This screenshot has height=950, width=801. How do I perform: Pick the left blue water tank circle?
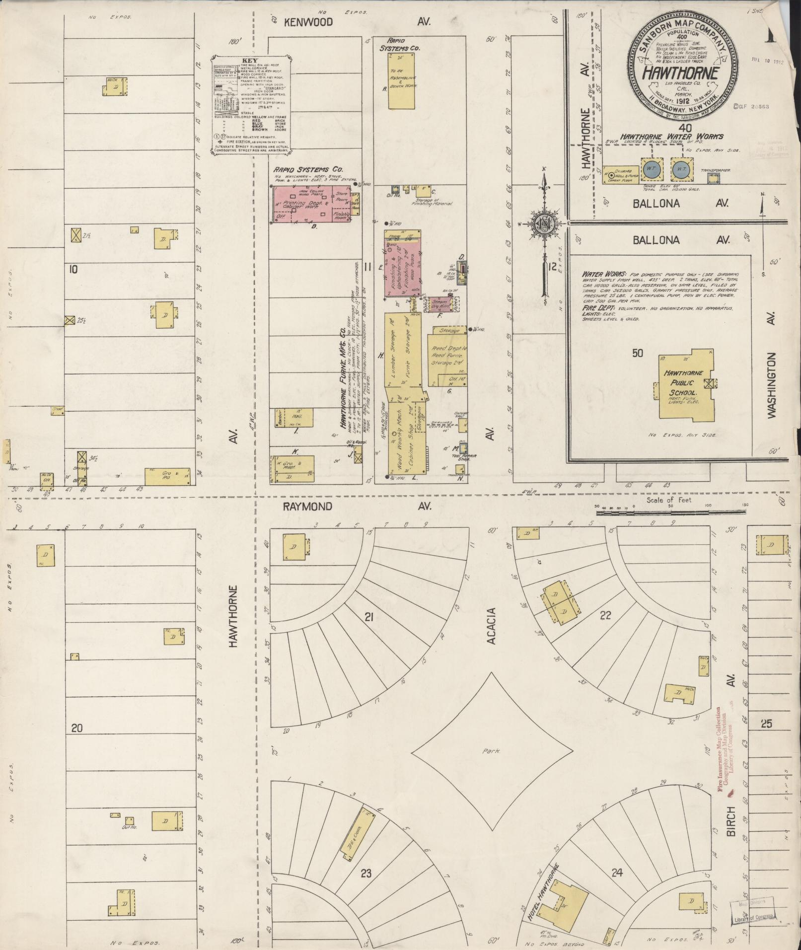tap(650, 169)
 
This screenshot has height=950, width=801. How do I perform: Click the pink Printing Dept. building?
tap(312, 204)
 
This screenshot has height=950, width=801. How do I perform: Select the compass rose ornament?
tap(544, 224)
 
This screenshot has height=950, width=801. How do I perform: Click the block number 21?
tap(368, 618)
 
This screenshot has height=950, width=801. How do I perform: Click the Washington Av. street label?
tap(771, 386)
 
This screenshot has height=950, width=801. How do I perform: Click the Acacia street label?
tap(492, 625)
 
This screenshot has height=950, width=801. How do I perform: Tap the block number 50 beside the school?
tap(638, 353)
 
